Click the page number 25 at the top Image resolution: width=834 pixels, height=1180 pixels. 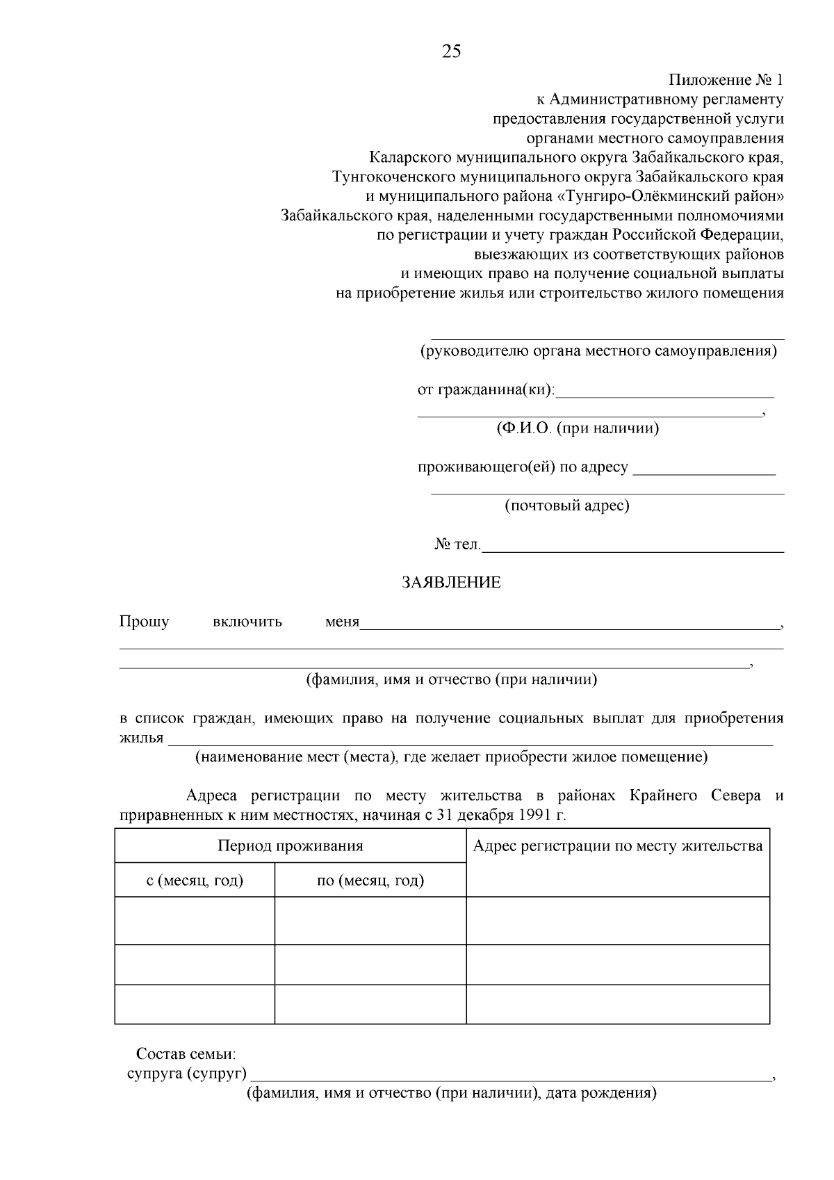click(451, 51)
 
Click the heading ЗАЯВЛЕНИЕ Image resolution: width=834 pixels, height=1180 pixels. click(451, 583)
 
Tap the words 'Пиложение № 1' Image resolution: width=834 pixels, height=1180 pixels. click(726, 80)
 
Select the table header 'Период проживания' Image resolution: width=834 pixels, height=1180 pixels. click(290, 846)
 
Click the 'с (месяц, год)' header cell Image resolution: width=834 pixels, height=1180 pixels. click(195, 881)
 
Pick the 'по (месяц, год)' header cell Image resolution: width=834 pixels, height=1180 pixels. click(370, 881)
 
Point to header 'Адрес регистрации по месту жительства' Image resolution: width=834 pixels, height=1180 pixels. click(617, 846)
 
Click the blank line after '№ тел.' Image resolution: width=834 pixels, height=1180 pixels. click(632, 547)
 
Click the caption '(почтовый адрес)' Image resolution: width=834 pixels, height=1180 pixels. click(566, 506)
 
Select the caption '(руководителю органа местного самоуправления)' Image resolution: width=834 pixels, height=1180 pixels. click(598, 351)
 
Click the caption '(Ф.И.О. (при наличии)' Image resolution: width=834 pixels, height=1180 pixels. click(577, 428)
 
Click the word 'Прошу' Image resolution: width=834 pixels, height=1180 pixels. click(144, 622)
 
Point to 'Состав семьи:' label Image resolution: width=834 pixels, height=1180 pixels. click(186, 1054)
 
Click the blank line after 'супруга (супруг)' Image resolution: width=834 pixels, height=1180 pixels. click(511, 1075)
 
